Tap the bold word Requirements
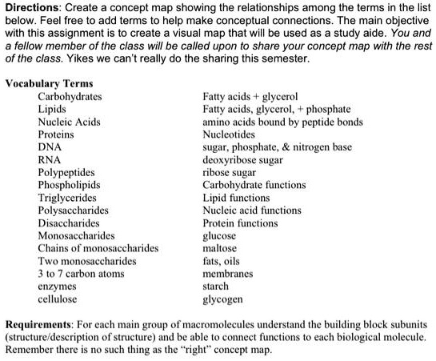coord(42,326)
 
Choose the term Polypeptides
coord(66,172)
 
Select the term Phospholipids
coord(70,185)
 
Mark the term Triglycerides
coord(67,197)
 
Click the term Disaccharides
coord(69,223)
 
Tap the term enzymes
coord(58,286)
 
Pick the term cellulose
coord(58,299)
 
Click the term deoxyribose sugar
coord(243,159)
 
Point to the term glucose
coord(220,235)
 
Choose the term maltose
coord(221,248)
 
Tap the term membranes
coord(228,274)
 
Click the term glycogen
coord(223,299)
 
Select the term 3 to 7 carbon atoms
coord(81,273)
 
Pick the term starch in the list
coord(217,287)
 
